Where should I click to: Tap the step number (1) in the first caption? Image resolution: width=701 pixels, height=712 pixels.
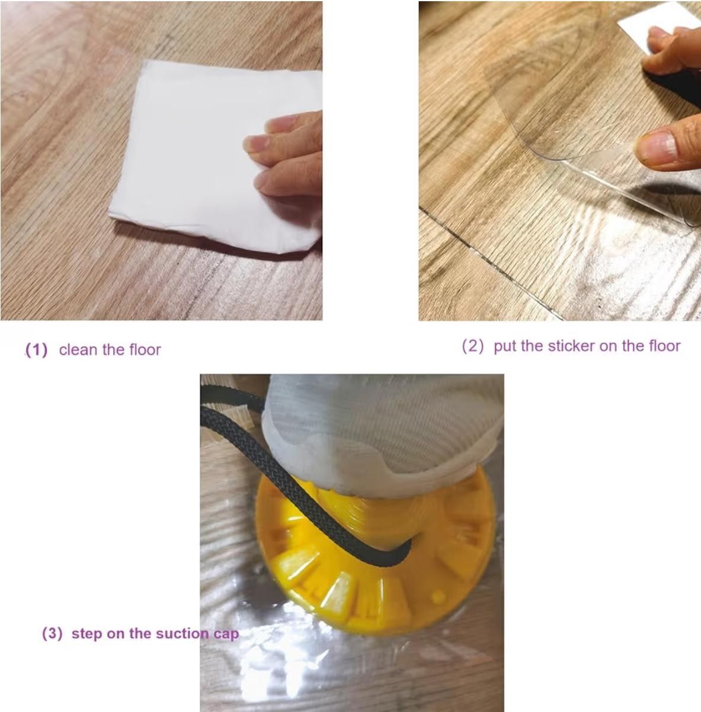coord(37,350)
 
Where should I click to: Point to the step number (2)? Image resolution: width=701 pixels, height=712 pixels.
coord(473,346)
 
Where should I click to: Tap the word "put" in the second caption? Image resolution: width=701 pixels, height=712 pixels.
coord(505,347)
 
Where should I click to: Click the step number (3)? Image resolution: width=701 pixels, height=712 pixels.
coord(53,633)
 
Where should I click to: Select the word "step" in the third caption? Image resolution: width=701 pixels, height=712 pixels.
coord(87,634)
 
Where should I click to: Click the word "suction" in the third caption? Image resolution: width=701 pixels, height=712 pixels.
coord(183,633)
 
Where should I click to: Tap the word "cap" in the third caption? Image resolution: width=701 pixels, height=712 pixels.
coord(226,635)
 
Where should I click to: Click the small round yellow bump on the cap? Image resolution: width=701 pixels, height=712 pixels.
coord(438,595)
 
